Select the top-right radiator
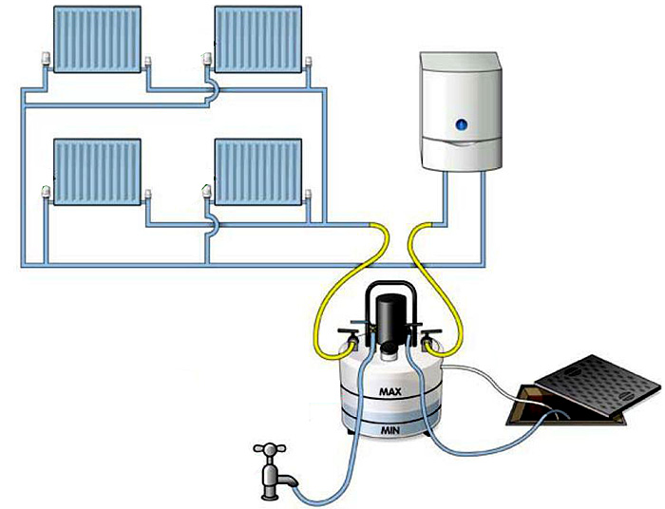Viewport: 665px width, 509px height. point(259,39)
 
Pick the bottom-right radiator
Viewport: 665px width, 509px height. point(259,170)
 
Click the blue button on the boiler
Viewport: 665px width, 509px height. point(461,123)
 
